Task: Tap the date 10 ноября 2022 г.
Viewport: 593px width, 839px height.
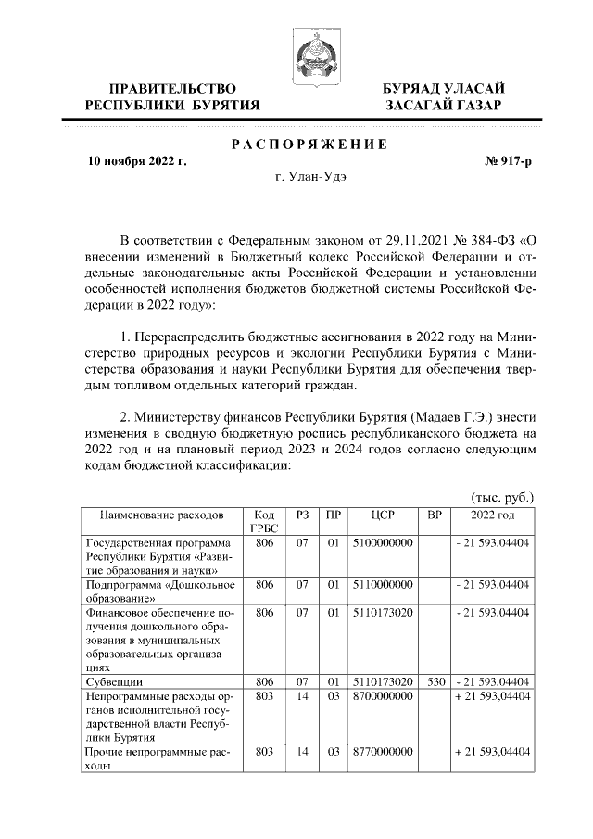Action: [136, 160]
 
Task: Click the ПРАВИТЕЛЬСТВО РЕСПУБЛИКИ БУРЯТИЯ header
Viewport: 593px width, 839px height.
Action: [171, 96]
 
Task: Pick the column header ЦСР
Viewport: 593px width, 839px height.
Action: [383, 515]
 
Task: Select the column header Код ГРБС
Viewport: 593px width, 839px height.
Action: [264, 521]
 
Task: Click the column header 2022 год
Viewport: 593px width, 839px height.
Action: [492, 515]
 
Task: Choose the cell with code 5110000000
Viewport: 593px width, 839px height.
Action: [383, 585]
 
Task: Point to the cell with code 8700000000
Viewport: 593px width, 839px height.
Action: [383, 695]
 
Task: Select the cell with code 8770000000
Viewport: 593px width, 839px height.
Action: [383, 752]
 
